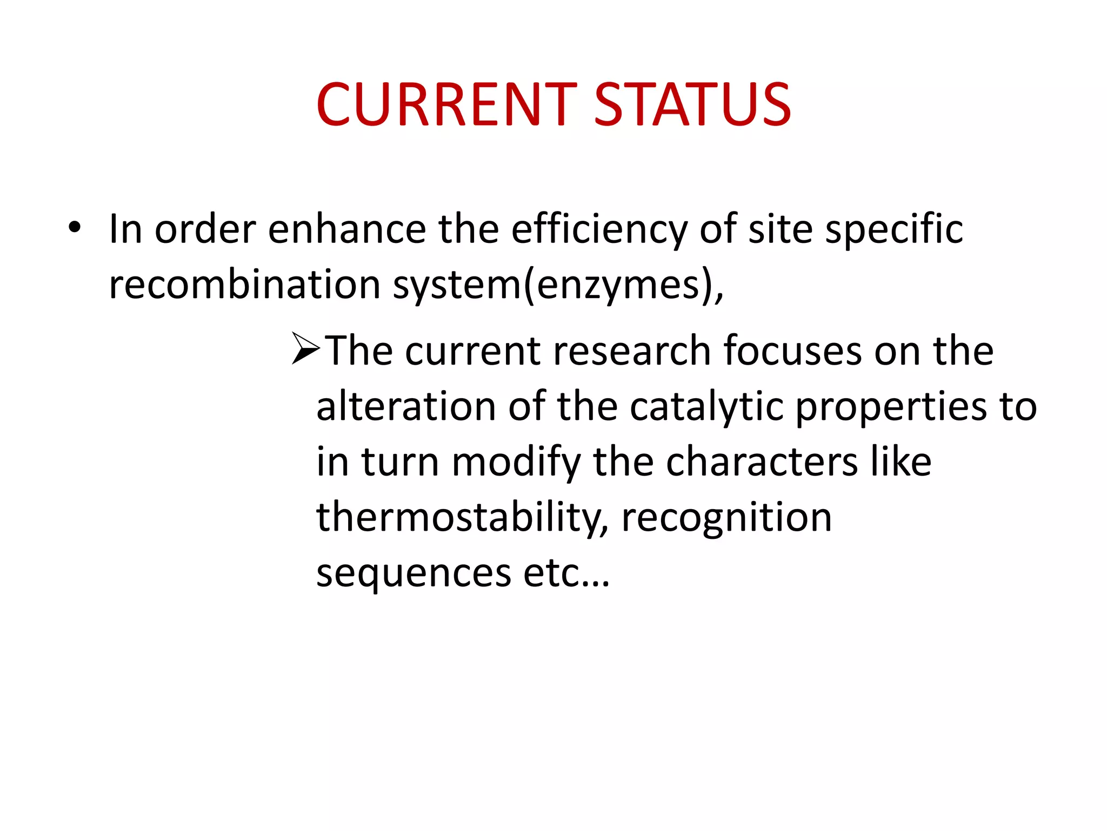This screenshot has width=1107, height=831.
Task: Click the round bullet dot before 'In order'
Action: (x=75, y=227)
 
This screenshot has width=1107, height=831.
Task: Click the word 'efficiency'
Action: (x=599, y=230)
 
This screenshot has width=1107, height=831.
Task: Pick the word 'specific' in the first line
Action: (x=894, y=230)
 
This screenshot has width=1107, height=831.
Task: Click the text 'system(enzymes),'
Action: (x=558, y=286)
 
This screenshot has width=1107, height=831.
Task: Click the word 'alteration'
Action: (x=406, y=406)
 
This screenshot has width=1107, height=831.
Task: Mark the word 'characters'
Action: (x=762, y=463)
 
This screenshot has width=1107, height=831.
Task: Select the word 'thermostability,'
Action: (x=462, y=518)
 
